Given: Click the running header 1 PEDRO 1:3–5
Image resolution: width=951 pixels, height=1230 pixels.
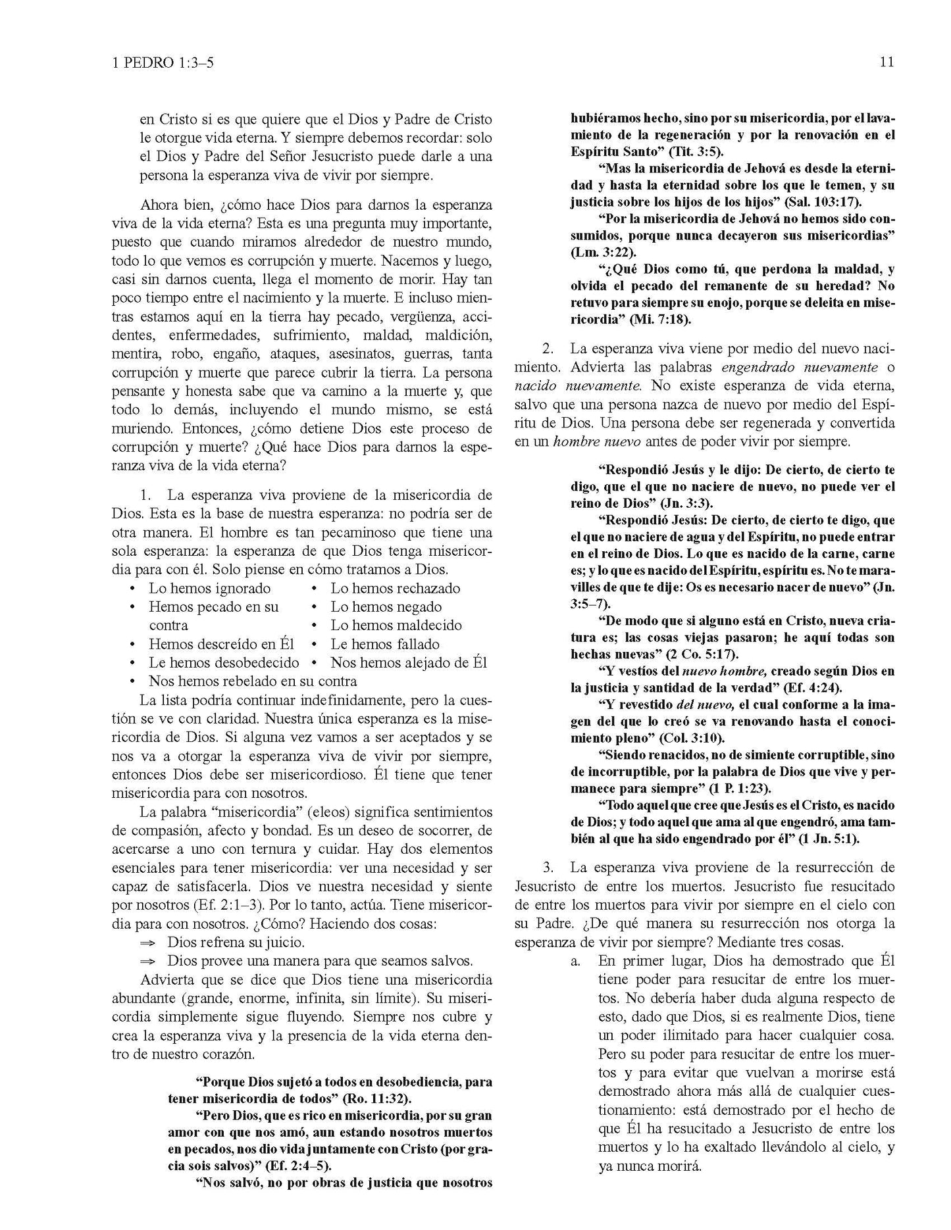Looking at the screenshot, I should coord(165,62).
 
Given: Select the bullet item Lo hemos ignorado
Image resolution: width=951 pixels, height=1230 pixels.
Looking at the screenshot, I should coord(209,588).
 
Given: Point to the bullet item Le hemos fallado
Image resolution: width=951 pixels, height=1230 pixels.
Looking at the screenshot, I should coord(384,644).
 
